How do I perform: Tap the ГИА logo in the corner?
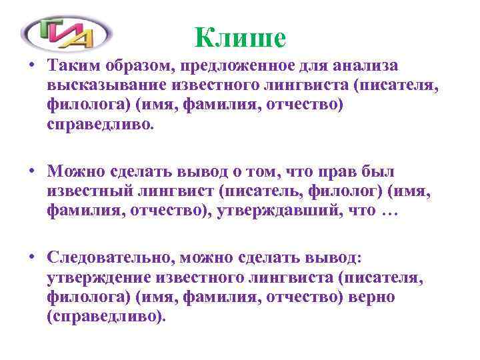pyautogui.click(x=66, y=32)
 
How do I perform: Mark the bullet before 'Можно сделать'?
pyautogui.click(x=32, y=171)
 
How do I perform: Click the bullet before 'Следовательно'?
pyautogui.click(x=32, y=256)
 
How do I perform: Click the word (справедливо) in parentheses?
pyautogui.click(x=105, y=316)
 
